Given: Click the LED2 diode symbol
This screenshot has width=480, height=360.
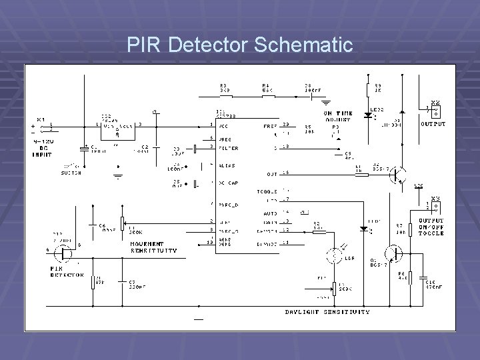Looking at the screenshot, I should pyautogui.click(x=368, y=115).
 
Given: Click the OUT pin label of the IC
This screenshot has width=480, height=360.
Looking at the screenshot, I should pyautogui.click(x=271, y=173).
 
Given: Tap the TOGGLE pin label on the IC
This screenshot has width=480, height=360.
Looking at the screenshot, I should pyautogui.click(x=267, y=191).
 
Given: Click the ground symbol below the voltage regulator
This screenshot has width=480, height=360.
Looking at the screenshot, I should pyautogui.click(x=117, y=176).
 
